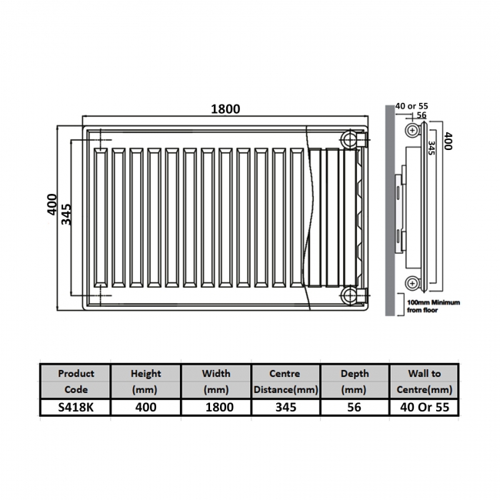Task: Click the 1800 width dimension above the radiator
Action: (226, 108)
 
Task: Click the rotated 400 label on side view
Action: (447, 141)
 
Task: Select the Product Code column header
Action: (76, 382)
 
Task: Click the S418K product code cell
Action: (76, 407)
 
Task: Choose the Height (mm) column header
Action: (146, 382)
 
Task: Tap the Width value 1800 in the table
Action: (216, 407)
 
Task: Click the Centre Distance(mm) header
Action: (285, 382)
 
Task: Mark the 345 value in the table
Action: (285, 407)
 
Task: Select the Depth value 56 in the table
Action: (355, 407)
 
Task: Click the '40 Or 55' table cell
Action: (425, 407)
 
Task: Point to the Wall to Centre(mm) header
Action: (425, 382)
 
